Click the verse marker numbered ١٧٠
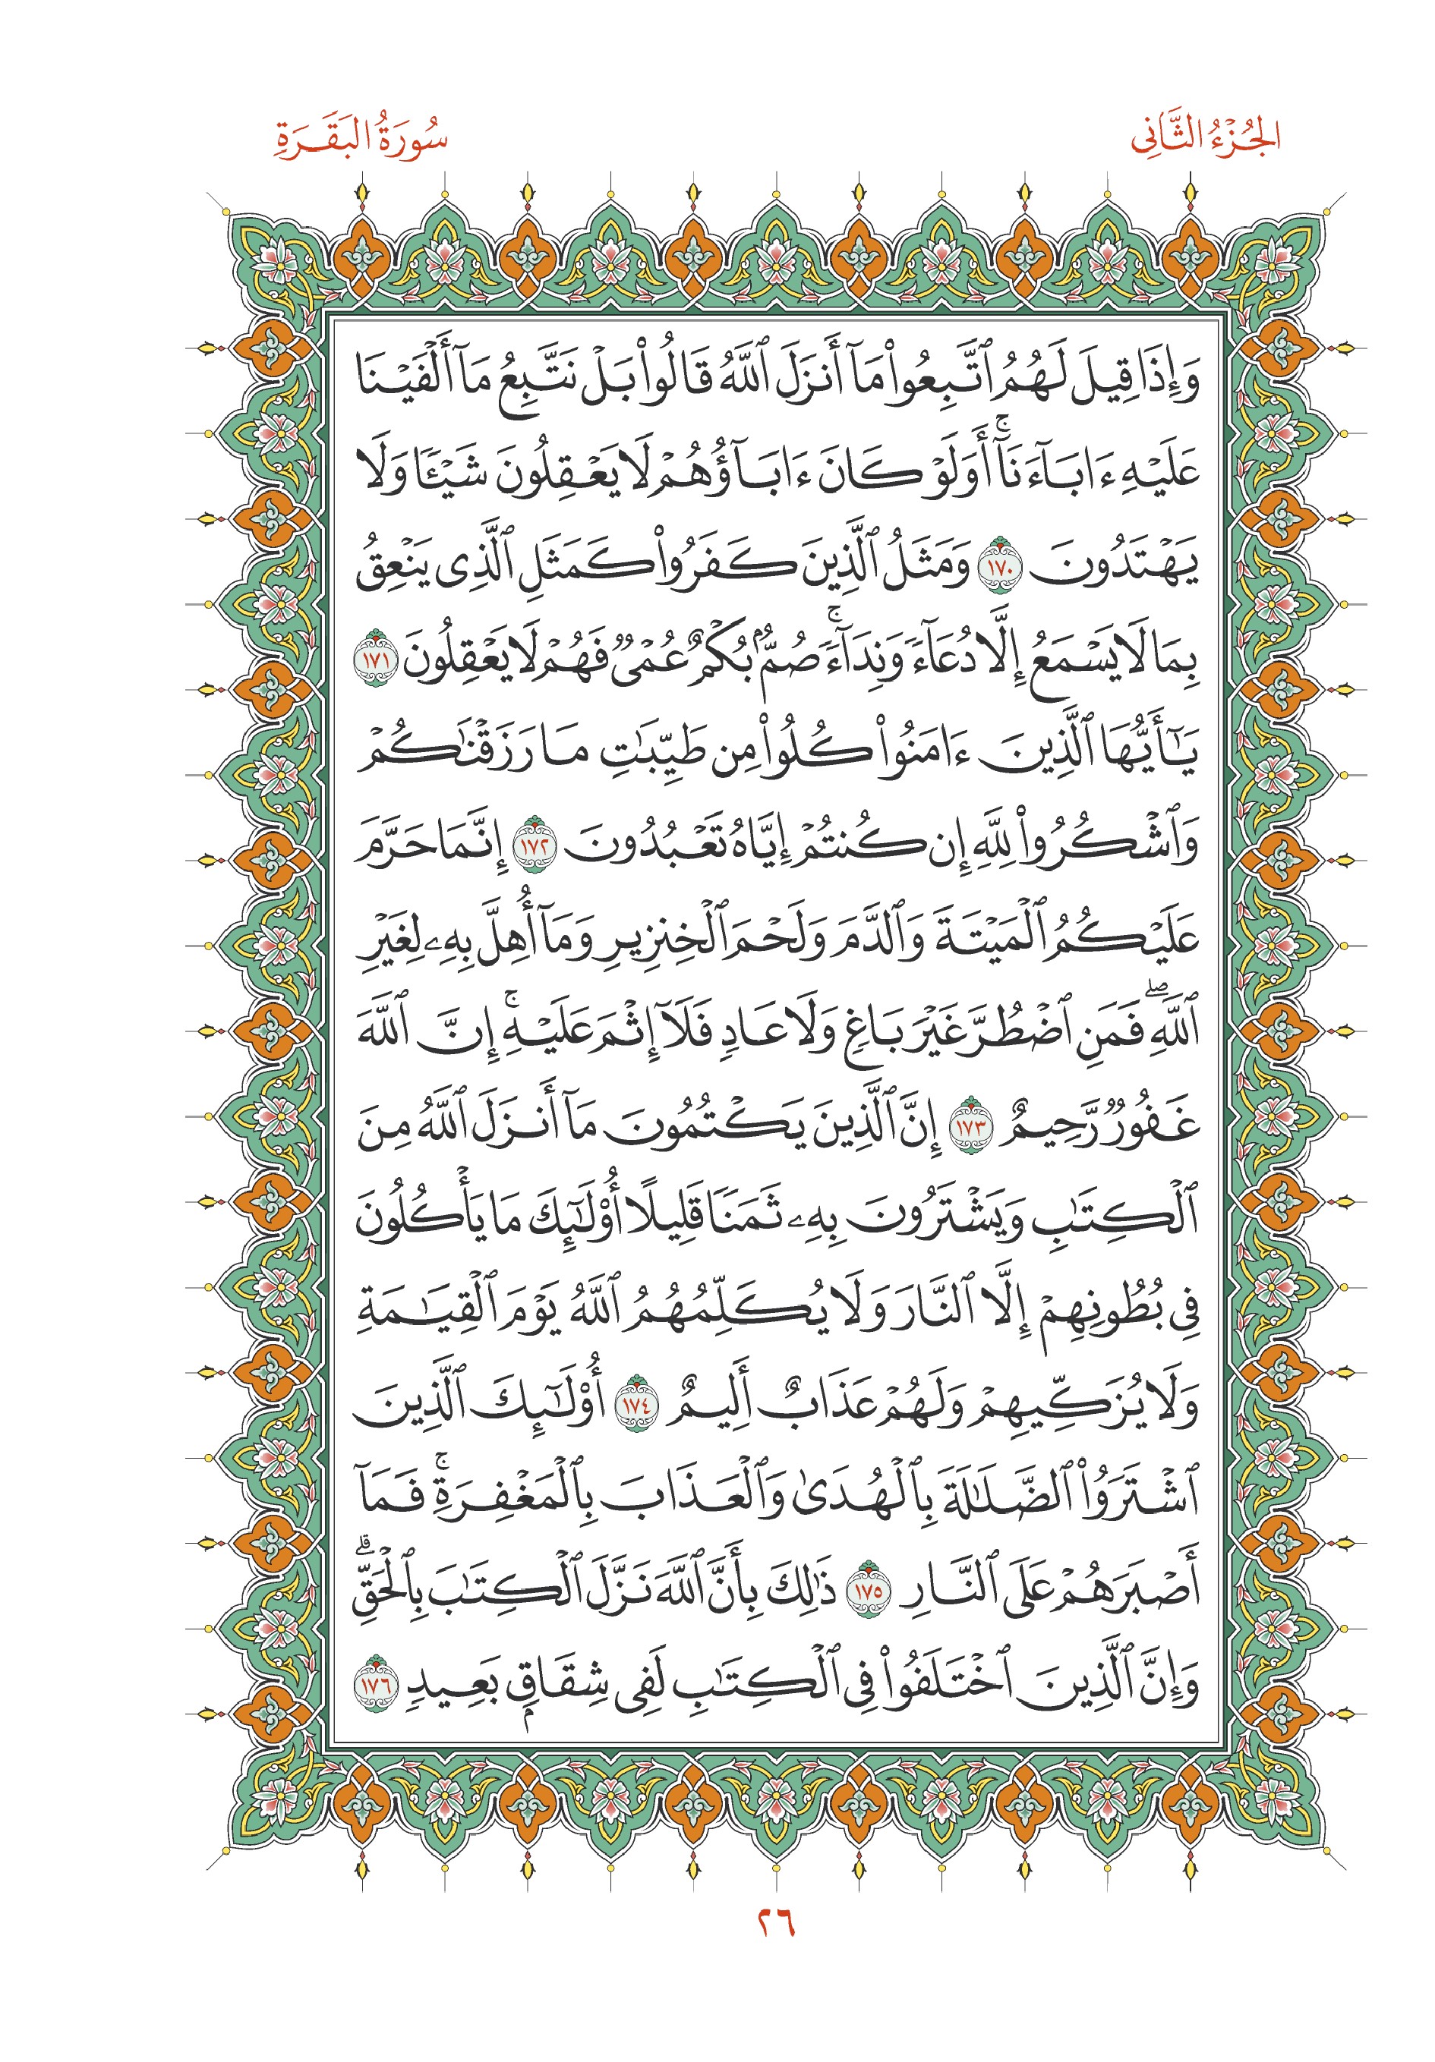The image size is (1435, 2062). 998,568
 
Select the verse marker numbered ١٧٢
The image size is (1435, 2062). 534,846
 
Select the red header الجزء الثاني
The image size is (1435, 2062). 1205,137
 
